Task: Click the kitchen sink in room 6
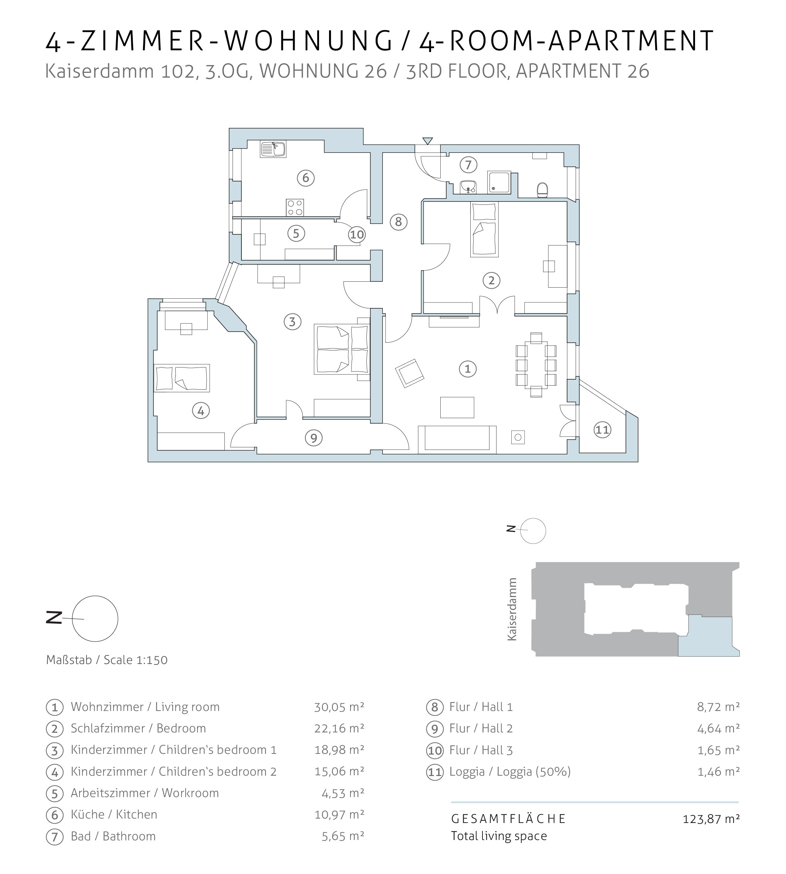point(273,149)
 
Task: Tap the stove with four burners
point(295,207)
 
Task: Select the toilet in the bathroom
point(542,190)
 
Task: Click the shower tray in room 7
point(499,182)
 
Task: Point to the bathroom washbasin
point(468,187)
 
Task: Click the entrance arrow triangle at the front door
point(427,141)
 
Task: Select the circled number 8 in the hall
point(398,222)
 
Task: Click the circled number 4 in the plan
point(201,411)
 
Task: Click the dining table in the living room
point(536,365)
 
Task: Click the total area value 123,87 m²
point(711,819)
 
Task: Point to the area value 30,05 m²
point(339,707)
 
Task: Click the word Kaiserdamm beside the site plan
point(512,609)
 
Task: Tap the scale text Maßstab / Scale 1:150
point(107,660)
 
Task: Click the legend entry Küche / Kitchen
point(114,815)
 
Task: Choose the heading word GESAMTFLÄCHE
point(508,819)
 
